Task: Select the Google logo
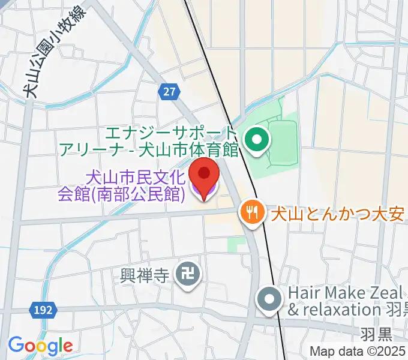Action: tap(40, 345)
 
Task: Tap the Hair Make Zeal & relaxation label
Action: tap(345, 302)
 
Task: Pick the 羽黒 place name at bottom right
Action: tap(377, 332)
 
